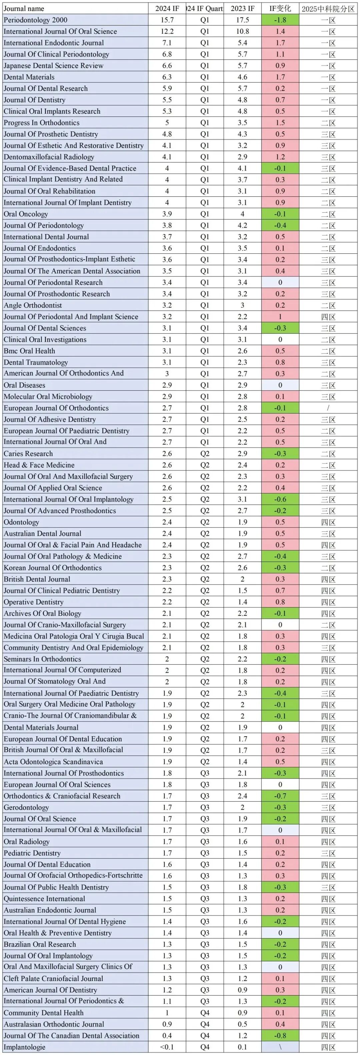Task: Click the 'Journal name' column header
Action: tap(24, 9)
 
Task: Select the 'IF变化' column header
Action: tap(280, 9)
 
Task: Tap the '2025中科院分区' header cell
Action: tap(328, 9)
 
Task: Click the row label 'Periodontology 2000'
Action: tap(36, 20)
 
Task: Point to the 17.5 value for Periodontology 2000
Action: tap(242, 20)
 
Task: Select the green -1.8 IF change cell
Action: tap(280, 20)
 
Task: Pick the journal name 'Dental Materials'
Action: tap(29, 77)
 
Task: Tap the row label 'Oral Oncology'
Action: tap(26, 214)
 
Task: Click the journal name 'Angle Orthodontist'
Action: tap(33, 305)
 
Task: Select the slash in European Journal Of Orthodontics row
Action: tap(328, 408)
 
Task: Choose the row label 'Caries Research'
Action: tap(28, 453)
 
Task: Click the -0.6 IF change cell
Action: tap(280, 499)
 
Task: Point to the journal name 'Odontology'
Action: tap(21, 522)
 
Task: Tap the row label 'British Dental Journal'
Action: tap(37, 579)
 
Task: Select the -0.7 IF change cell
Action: tap(280, 796)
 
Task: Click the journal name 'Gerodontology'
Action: tap(26, 808)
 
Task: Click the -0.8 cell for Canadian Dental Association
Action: tap(280, 1036)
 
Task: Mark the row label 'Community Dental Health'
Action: tap(43, 1013)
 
